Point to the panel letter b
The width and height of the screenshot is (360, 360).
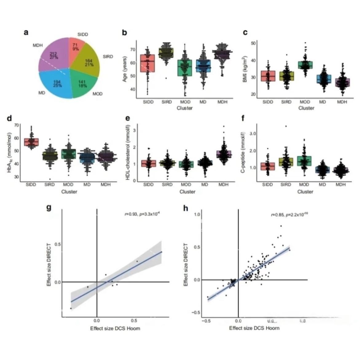125,32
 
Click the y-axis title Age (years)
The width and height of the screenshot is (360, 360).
125,69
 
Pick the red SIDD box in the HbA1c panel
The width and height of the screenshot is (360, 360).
31,142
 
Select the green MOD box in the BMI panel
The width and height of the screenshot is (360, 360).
305,65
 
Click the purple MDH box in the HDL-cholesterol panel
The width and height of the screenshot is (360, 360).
224,154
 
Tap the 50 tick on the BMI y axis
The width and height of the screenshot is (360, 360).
253,43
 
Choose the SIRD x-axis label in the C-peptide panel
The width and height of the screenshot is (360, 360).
286,184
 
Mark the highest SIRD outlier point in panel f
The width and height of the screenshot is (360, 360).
286,126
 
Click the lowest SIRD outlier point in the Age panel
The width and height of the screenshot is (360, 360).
166,78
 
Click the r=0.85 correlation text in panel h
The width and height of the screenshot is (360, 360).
289,215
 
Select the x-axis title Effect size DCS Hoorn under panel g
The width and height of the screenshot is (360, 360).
115,328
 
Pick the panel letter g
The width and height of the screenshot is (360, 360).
49,208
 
